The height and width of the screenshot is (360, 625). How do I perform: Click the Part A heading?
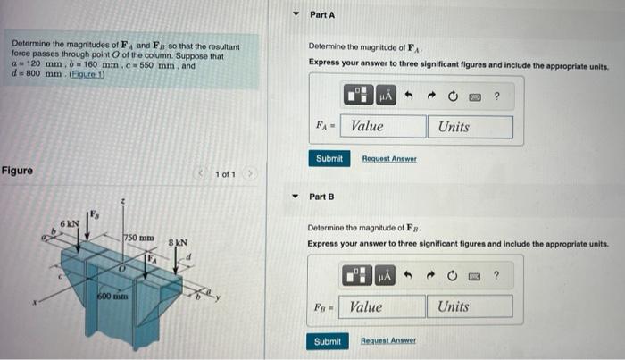point(322,15)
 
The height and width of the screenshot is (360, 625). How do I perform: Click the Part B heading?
point(321,196)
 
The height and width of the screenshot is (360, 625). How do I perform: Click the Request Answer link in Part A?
point(388,158)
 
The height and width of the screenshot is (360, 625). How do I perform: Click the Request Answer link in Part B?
point(387,341)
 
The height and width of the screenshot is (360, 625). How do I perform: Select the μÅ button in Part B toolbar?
point(386,277)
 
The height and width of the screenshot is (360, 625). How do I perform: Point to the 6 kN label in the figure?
point(70,222)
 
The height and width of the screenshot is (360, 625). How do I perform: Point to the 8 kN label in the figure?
point(179,242)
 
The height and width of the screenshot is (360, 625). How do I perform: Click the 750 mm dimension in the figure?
point(138,238)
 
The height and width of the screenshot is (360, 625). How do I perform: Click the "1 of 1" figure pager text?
point(225,173)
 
